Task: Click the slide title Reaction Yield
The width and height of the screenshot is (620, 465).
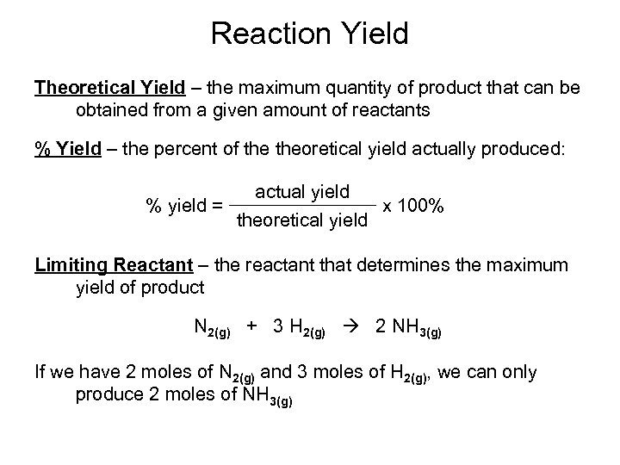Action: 309,34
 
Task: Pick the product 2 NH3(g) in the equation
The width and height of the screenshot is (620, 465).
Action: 406,328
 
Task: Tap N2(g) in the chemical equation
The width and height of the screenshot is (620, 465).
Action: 210,328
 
